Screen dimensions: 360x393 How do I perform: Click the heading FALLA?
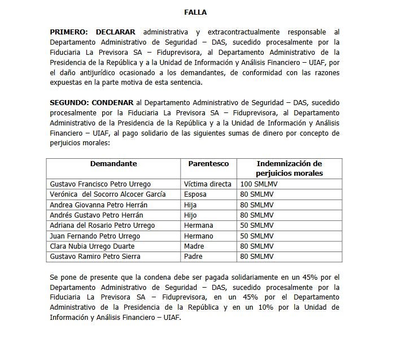click(x=195, y=11)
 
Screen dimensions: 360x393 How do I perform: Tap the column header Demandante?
click(x=113, y=163)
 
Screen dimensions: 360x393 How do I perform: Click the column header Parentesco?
click(x=208, y=163)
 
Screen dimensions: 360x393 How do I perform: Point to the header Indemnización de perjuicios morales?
click(x=289, y=168)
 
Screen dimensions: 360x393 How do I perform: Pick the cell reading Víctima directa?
click(x=207, y=184)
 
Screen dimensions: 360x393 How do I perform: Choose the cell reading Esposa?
click(x=195, y=194)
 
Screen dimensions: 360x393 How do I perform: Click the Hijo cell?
click(x=191, y=215)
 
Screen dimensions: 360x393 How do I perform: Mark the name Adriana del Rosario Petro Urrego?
click(x=102, y=225)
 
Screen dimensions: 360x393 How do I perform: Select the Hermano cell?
click(x=198, y=236)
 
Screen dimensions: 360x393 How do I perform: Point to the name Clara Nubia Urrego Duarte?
click(x=93, y=246)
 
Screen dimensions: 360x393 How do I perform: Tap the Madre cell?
click(x=194, y=246)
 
